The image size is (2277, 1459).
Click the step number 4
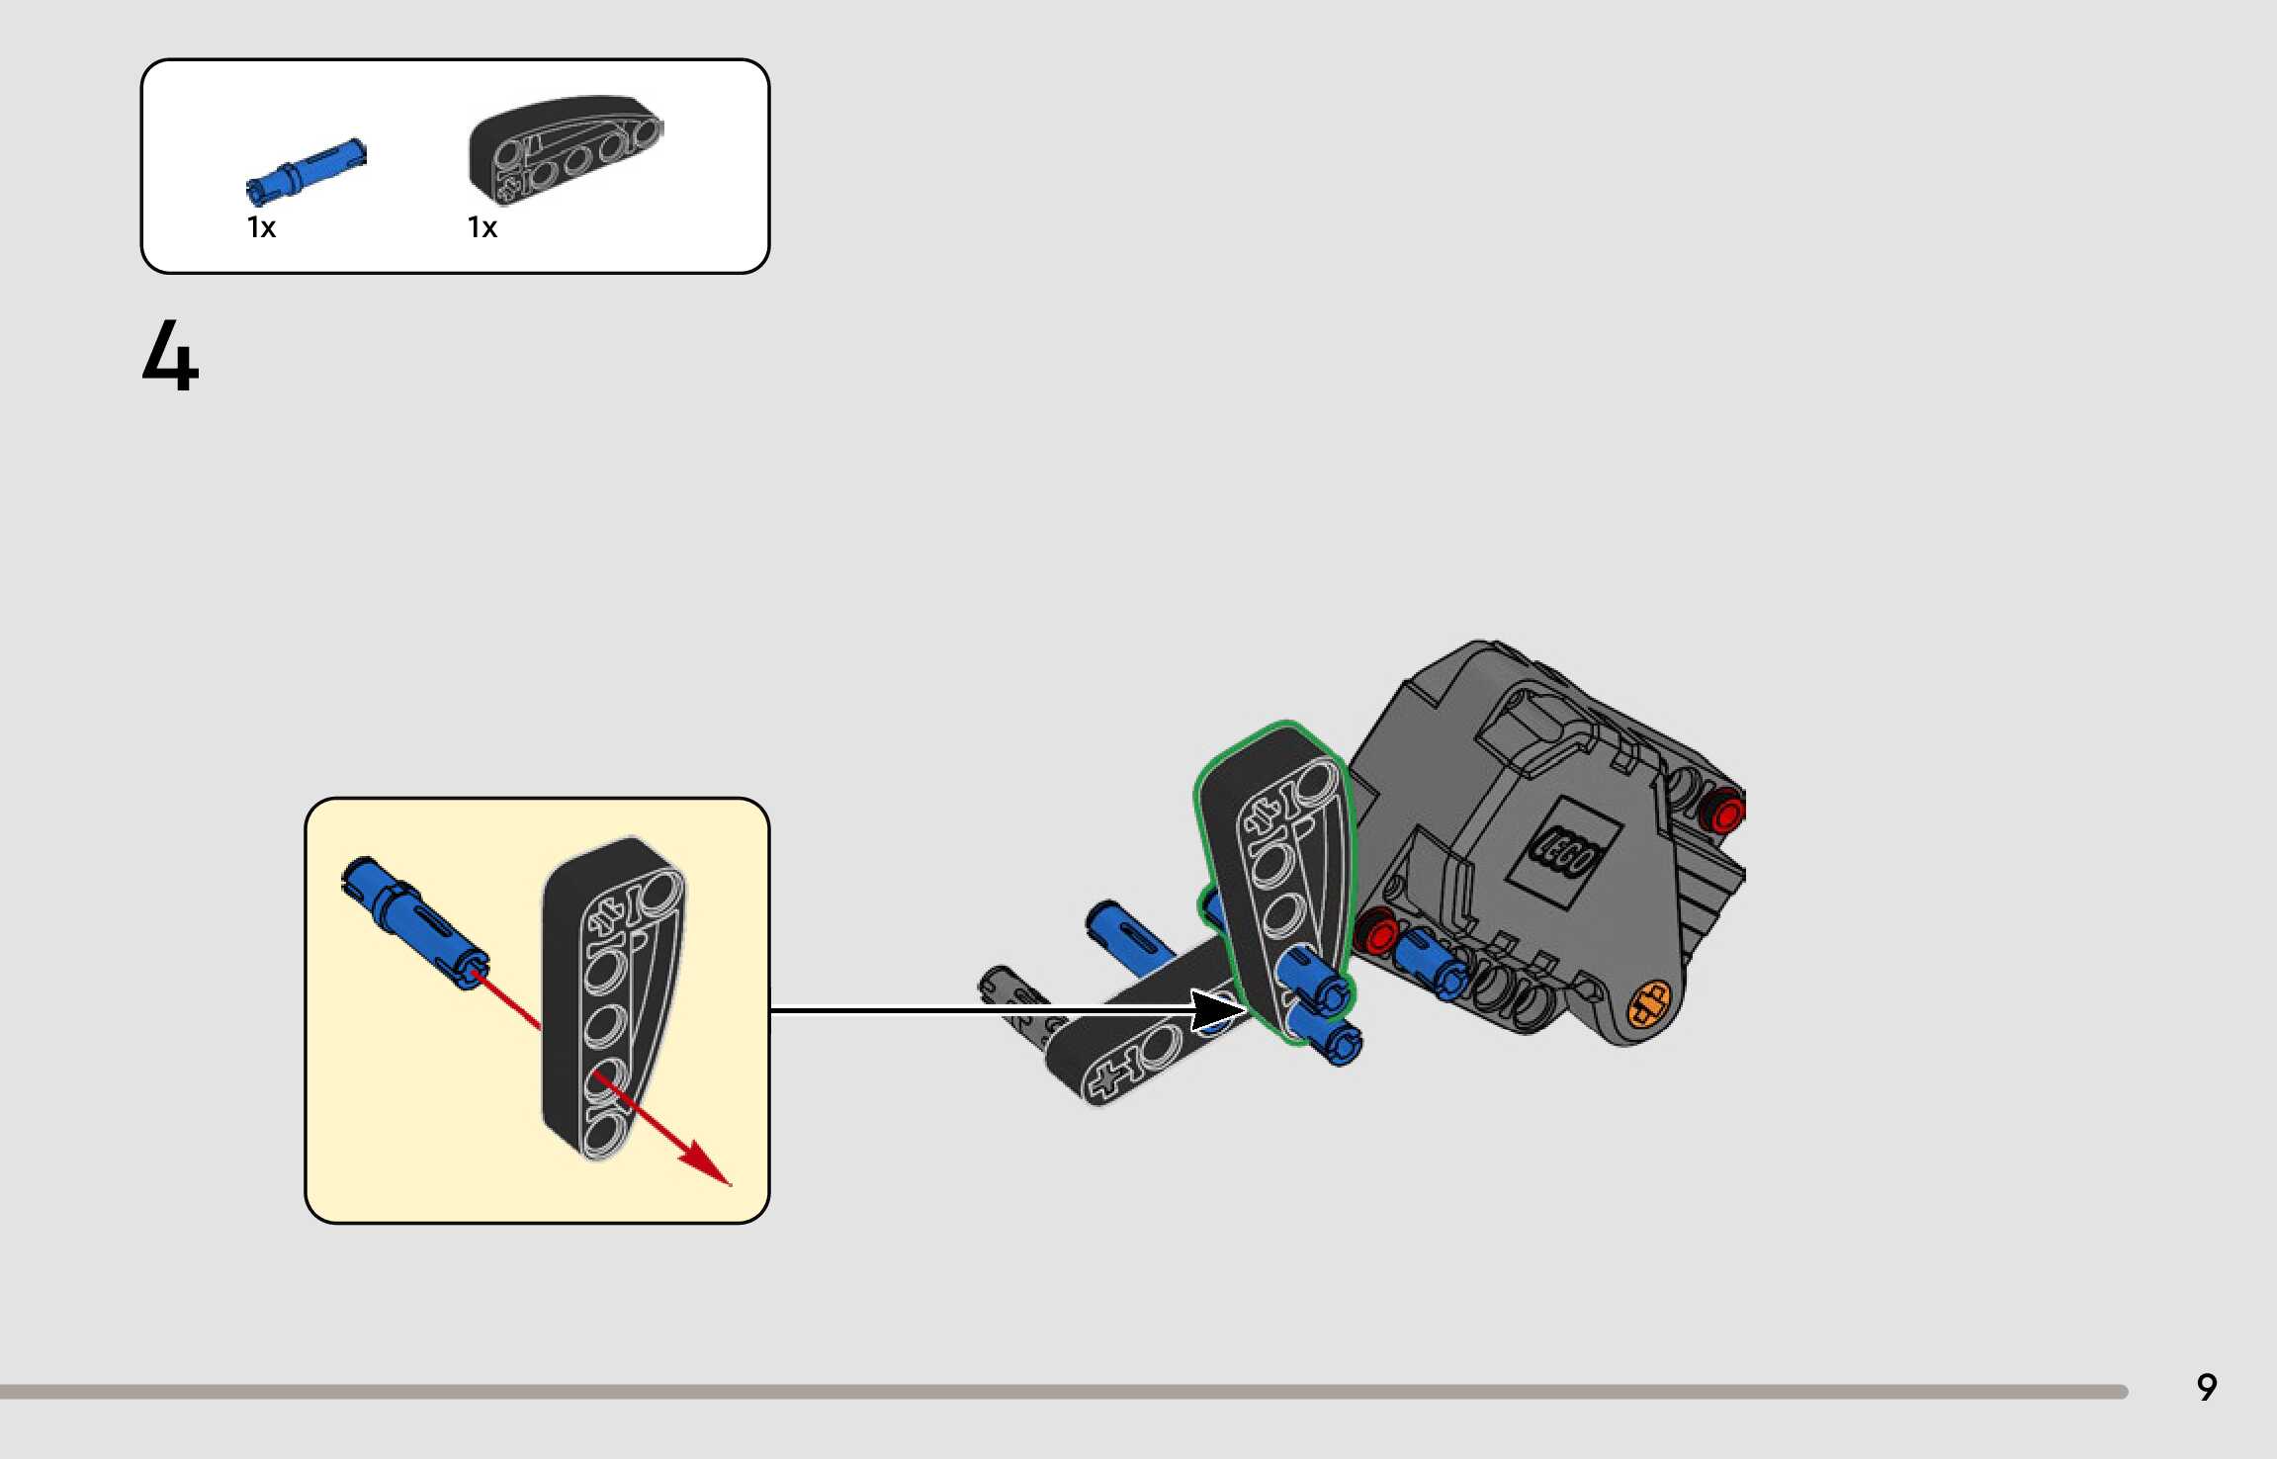[x=170, y=356]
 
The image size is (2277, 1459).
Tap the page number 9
[x=2206, y=1388]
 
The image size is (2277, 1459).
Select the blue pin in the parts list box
[x=306, y=170]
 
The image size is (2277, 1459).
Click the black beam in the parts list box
[x=564, y=147]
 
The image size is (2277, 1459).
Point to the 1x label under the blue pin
[x=261, y=228]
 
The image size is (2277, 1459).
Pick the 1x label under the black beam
[x=482, y=228]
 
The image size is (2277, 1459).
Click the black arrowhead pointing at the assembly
[x=1218, y=1010]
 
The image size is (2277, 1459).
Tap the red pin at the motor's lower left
[x=1375, y=931]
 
